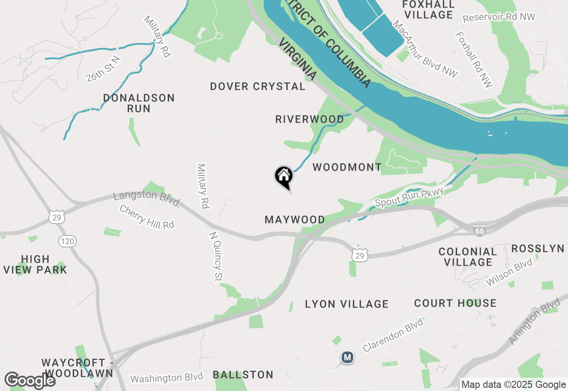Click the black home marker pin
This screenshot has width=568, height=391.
point(284,176)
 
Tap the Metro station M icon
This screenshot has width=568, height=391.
point(347,357)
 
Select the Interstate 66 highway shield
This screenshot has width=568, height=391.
point(478,231)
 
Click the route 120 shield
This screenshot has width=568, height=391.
point(67,241)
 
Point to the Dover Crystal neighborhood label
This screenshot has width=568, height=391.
point(258,86)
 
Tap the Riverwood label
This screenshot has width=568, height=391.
point(309,119)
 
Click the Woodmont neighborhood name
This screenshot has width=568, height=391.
point(347,167)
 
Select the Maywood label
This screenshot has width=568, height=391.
point(295,219)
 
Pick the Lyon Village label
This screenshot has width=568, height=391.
point(347,304)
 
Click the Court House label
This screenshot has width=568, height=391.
point(455,303)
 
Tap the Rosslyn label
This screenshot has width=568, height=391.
point(537,248)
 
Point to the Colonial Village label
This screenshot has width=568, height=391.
point(468,257)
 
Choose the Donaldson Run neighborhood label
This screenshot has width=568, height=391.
point(138,103)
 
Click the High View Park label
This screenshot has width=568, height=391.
point(35,264)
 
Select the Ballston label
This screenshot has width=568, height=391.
point(243,375)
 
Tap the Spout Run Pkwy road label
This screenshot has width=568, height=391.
point(409,197)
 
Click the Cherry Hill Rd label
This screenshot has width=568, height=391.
point(147,217)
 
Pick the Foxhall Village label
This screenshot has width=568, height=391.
point(428,9)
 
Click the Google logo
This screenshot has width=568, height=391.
point(30,380)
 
